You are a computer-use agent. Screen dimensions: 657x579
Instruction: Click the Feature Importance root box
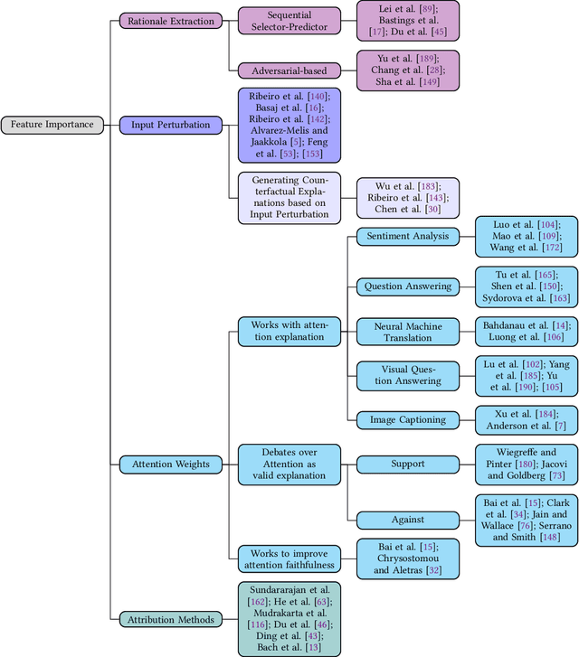[52, 125]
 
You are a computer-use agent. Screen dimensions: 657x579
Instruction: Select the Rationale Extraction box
[170, 20]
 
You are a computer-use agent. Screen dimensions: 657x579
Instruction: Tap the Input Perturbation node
[170, 125]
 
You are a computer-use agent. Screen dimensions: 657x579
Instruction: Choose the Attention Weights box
[170, 464]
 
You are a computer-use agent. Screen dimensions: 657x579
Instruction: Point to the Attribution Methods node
[170, 619]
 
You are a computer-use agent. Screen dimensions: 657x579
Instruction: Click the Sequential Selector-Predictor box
[289, 20]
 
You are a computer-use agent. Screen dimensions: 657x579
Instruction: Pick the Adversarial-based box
[289, 70]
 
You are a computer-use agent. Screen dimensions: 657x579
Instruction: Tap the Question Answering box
[407, 286]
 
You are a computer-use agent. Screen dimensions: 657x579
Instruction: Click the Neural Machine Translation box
[407, 331]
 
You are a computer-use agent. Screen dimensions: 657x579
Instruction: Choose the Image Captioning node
[407, 419]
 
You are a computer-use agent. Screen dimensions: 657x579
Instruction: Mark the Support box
[407, 464]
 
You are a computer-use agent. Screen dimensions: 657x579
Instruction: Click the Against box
[407, 520]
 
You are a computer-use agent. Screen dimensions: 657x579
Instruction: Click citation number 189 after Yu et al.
[418, 56]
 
